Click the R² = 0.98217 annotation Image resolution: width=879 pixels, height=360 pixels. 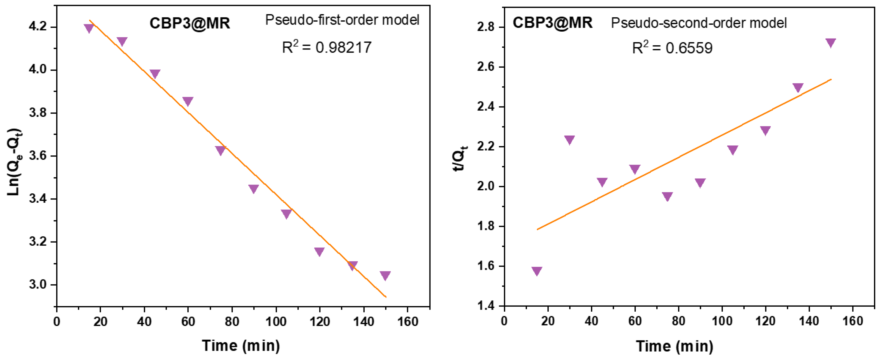pyautogui.click(x=327, y=47)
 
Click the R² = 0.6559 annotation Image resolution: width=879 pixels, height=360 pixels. pyautogui.click(x=672, y=48)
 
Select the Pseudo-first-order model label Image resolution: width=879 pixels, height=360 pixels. pyautogui.click(x=342, y=20)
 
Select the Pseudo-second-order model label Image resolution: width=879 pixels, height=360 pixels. pyautogui.click(x=699, y=23)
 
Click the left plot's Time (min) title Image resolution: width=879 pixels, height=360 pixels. pyautogui.click(x=241, y=345)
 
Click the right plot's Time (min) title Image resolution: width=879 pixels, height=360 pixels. pyautogui.click(x=674, y=346)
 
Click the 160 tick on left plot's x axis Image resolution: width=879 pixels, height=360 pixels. pyautogui.click(x=407, y=321)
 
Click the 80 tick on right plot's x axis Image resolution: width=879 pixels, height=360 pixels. pyautogui.click(x=678, y=321)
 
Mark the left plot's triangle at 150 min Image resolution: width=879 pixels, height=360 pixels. pyautogui.click(x=385, y=275)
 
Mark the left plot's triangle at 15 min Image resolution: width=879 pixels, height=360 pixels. pyautogui.click(x=89, y=28)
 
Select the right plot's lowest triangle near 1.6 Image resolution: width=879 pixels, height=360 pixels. pyautogui.click(x=537, y=271)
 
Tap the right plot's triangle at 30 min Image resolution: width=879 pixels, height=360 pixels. pyautogui.click(x=569, y=139)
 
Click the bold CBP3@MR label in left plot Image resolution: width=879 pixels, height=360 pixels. pyautogui.click(x=190, y=23)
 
